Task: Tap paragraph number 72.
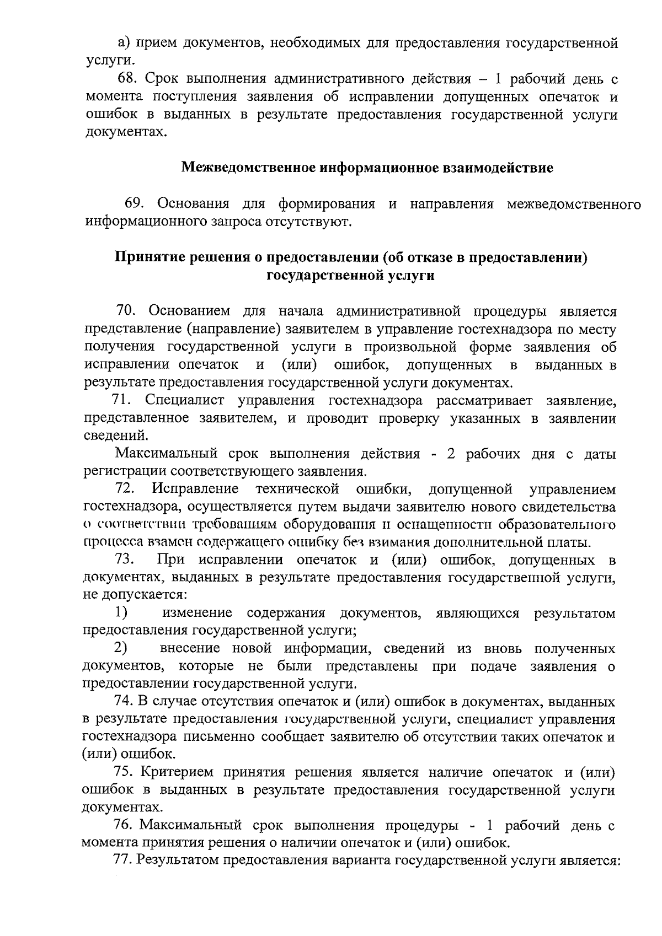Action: point(125,489)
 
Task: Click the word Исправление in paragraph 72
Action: point(196,489)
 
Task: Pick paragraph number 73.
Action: point(125,560)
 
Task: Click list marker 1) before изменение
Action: point(121,613)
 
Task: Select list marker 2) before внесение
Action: point(121,648)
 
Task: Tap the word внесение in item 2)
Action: point(188,648)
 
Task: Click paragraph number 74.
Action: point(122,702)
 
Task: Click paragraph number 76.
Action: point(122,826)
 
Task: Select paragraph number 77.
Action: point(122,860)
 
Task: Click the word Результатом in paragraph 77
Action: point(177,860)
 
